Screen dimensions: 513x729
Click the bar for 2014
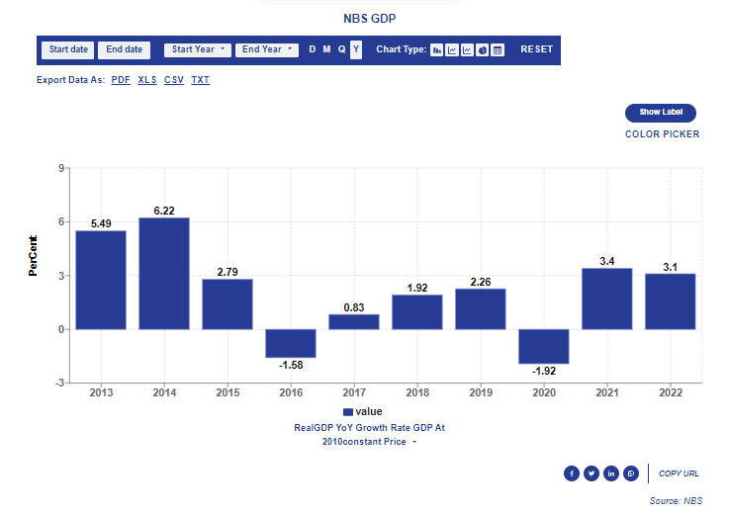pos(164,273)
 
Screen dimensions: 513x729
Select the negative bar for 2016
pos(291,343)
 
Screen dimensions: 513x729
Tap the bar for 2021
pos(607,298)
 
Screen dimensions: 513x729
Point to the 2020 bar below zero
pos(544,346)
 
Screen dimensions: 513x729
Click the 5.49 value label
pos(101,223)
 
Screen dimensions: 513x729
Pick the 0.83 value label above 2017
pos(354,307)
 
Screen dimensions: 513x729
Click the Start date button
pos(68,49)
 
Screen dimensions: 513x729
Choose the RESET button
pos(537,49)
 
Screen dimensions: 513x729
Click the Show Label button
pos(661,113)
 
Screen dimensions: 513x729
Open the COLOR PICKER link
pos(662,134)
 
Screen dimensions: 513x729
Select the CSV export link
pos(174,80)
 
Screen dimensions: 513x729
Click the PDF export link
pos(121,80)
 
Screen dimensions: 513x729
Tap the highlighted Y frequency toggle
pos(356,49)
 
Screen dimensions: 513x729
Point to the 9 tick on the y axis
pos(61,169)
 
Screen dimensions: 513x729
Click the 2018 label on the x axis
pos(417,393)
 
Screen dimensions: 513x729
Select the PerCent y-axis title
pos(33,254)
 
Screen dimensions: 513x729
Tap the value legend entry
pos(362,411)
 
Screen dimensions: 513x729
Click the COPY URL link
pos(679,473)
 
